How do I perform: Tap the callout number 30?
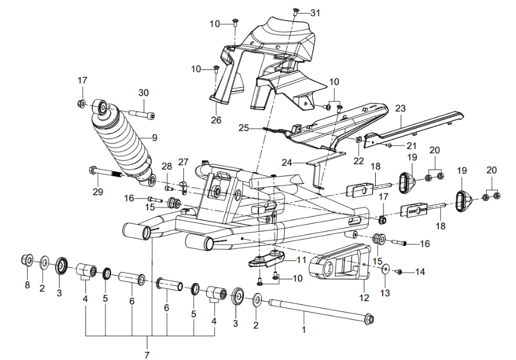click(143, 93)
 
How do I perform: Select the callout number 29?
click(98, 192)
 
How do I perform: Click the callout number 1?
click(304, 329)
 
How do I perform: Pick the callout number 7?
click(147, 355)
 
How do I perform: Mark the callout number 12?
click(364, 298)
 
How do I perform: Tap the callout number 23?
click(401, 109)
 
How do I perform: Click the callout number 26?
click(216, 120)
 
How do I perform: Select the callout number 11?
click(302, 260)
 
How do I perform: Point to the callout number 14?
click(419, 271)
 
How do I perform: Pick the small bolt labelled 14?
click(399, 271)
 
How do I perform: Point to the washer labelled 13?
click(385, 268)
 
